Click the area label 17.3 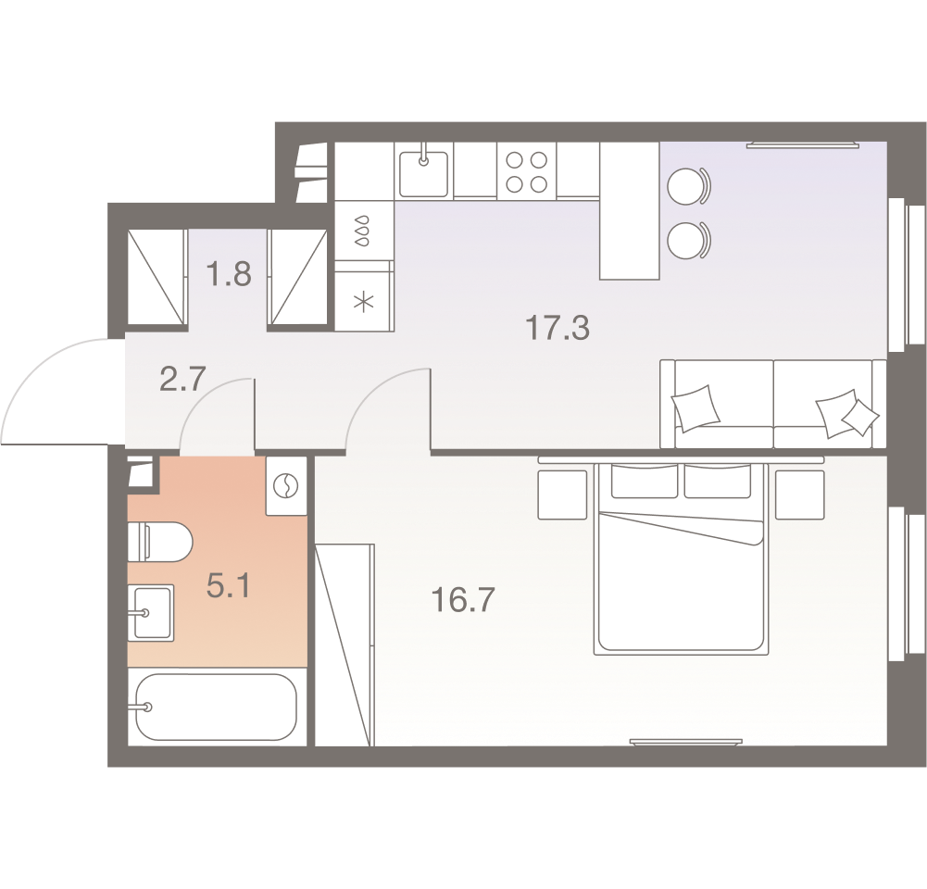pyautogui.click(x=557, y=328)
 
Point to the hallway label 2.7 pyautogui.click(x=182, y=379)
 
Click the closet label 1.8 pyautogui.click(x=229, y=275)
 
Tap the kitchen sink pyautogui.click(x=423, y=171)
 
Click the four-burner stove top pyautogui.click(x=526, y=171)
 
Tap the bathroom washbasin pyautogui.click(x=152, y=612)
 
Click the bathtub pyautogui.click(x=215, y=707)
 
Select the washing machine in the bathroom pyautogui.click(x=286, y=485)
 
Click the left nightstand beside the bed pyautogui.click(x=562, y=494)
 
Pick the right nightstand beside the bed pyautogui.click(x=799, y=494)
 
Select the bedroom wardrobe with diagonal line pyautogui.click(x=344, y=645)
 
